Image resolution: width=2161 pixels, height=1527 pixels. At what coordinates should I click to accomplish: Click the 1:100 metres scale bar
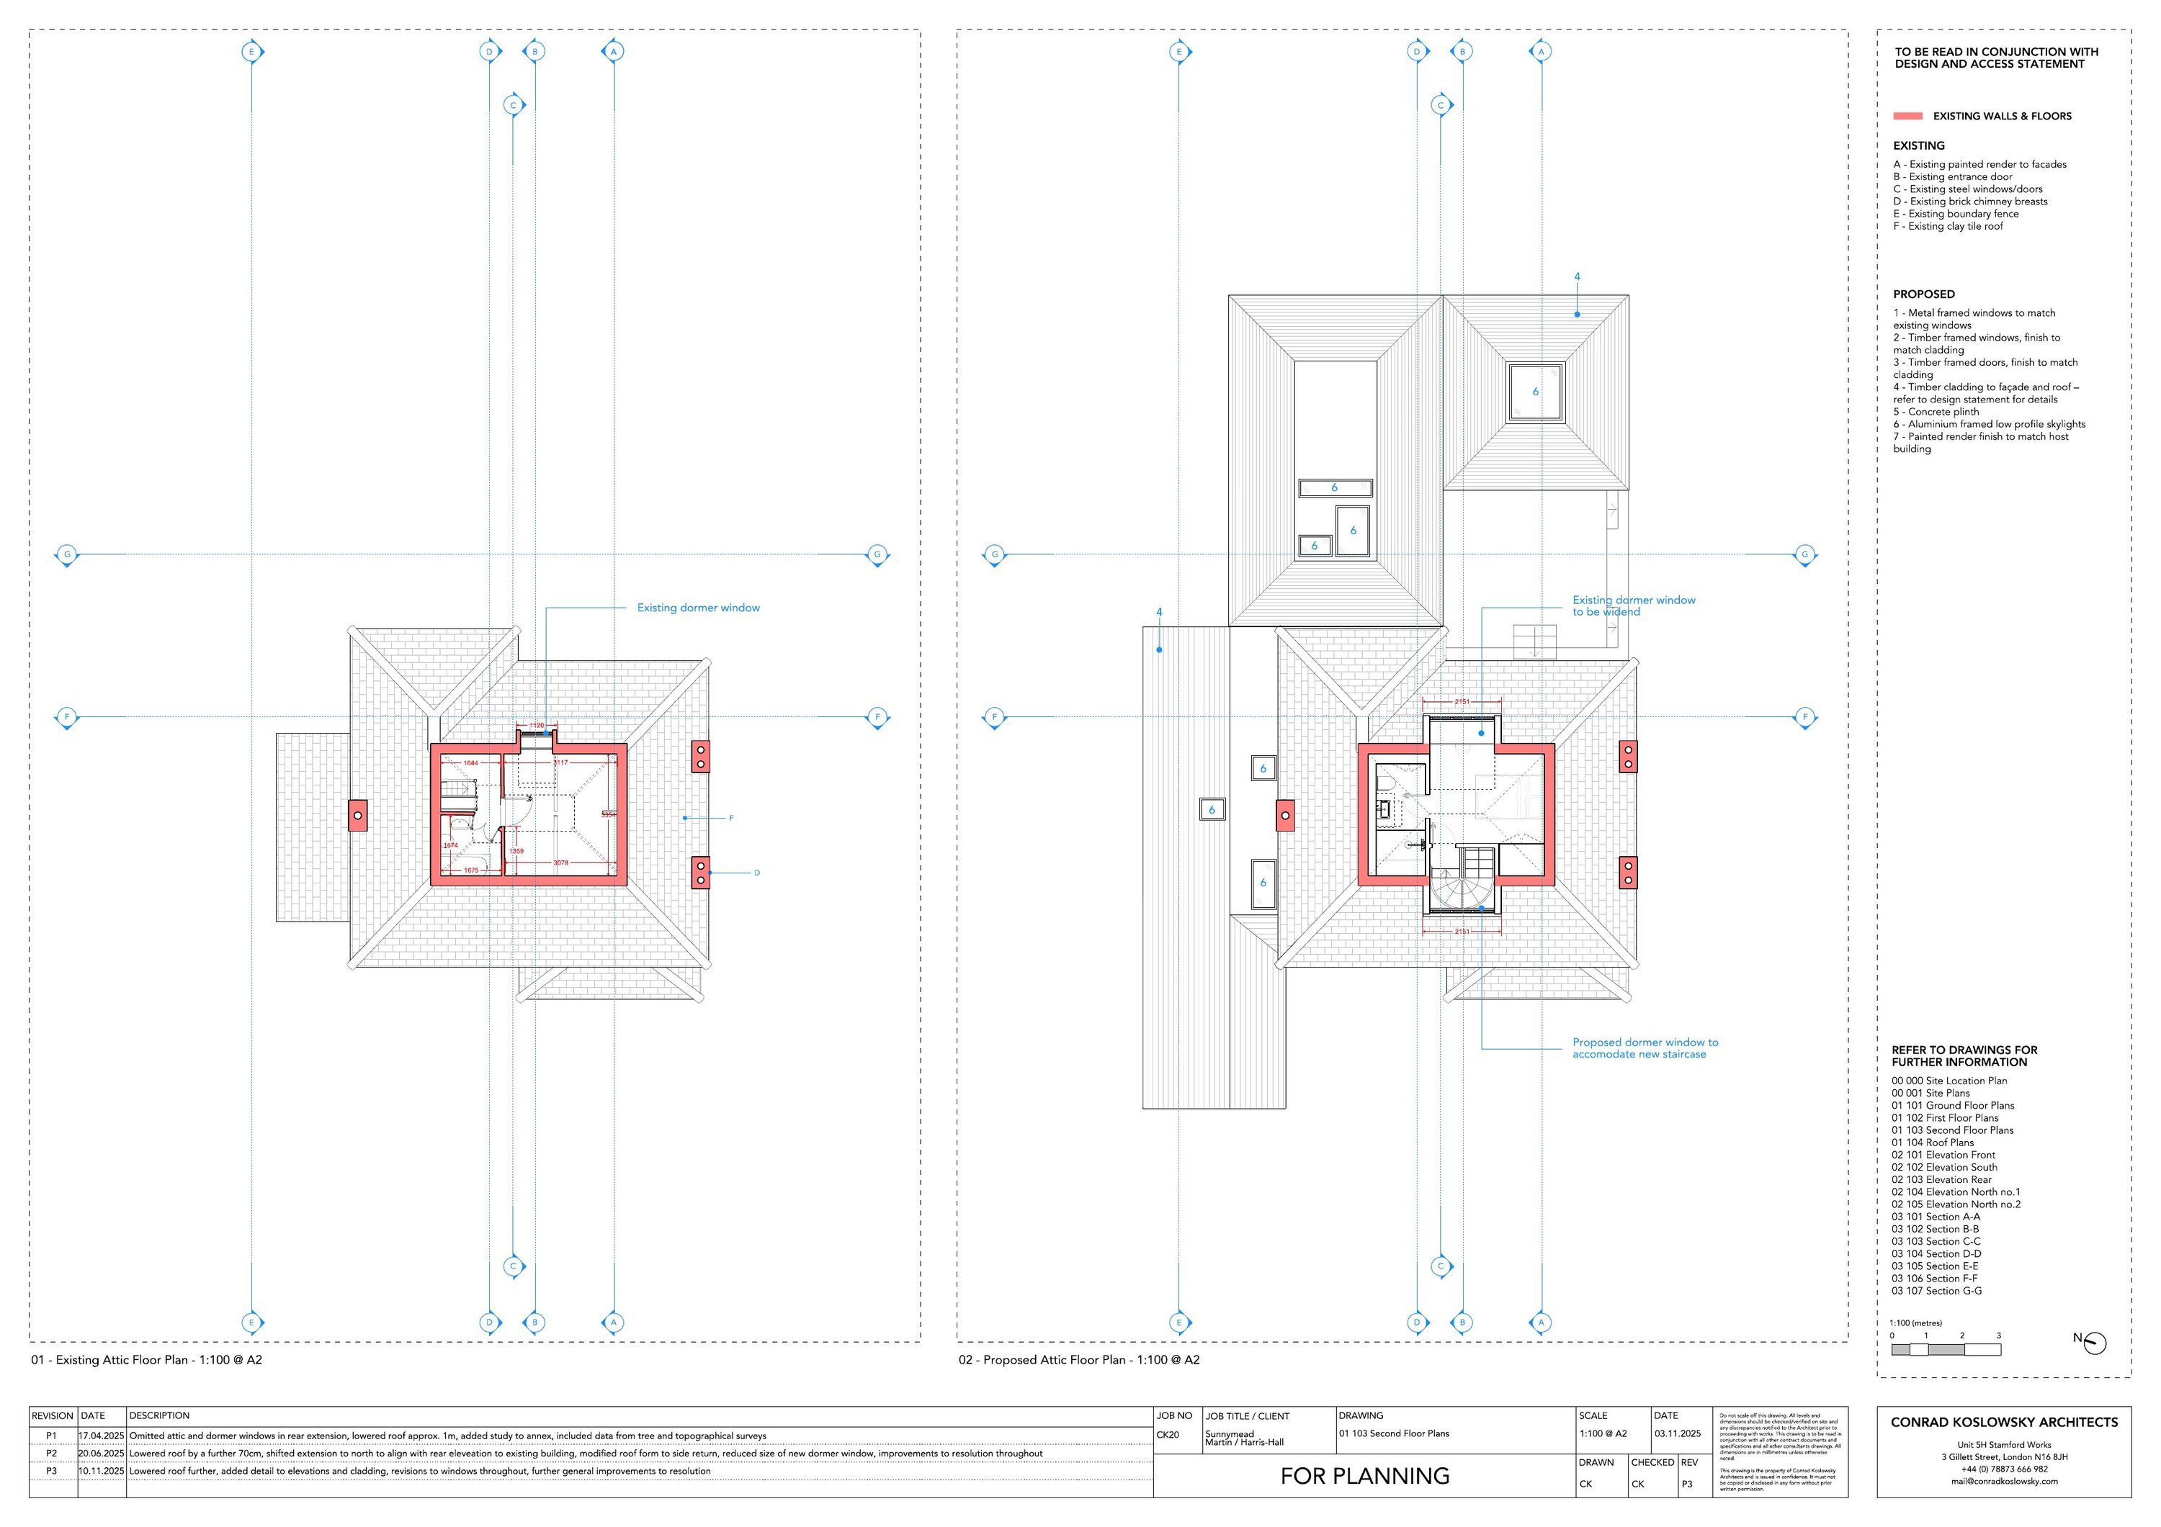point(1946,1349)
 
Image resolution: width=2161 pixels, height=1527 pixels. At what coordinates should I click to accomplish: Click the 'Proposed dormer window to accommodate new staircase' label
point(1645,1048)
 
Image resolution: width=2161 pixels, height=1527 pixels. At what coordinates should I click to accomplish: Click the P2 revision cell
point(52,1454)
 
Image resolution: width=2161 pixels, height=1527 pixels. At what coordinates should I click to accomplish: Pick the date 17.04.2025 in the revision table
point(101,1436)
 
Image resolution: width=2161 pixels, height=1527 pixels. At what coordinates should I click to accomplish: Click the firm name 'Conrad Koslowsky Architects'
point(2004,1423)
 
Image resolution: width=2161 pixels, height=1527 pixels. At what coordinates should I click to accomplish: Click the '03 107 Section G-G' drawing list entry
point(1936,1291)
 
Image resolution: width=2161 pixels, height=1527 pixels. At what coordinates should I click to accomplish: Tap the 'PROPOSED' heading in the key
point(1924,294)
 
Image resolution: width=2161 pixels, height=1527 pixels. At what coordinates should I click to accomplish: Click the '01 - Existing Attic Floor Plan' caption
point(146,1359)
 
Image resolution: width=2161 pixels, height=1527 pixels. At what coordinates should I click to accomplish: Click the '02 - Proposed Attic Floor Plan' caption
point(1078,1359)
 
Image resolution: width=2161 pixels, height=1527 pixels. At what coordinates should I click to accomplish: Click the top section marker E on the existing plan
point(251,52)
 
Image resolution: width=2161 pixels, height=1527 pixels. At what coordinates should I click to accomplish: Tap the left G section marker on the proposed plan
point(995,554)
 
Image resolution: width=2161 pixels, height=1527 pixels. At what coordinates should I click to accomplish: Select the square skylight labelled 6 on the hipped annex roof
point(1535,392)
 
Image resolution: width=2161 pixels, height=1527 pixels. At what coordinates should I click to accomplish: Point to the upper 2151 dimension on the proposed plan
point(1462,702)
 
